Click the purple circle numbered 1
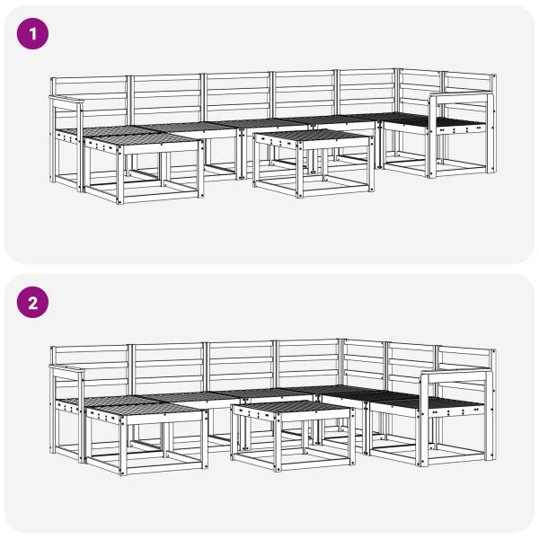34,35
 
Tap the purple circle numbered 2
34,304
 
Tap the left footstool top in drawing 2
144,410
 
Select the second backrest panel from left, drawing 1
165,97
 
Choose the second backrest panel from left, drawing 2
167,365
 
